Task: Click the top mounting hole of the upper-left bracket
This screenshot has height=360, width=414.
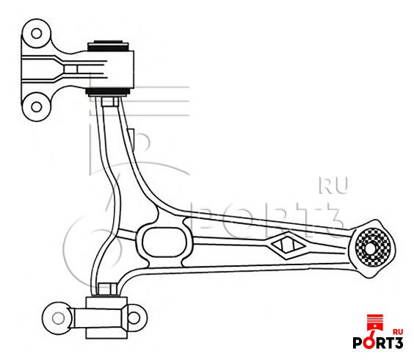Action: tap(37, 34)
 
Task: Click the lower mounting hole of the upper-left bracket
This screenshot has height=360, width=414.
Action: tap(37, 107)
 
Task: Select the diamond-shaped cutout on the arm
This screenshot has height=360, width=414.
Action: tap(288, 245)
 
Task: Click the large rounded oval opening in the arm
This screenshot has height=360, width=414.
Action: tap(164, 242)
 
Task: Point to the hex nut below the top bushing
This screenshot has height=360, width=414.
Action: tap(110, 101)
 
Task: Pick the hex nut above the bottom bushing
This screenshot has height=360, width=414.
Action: tap(107, 289)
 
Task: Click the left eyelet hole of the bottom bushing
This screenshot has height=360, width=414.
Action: tap(58, 318)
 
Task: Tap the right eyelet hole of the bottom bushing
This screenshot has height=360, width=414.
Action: tap(134, 317)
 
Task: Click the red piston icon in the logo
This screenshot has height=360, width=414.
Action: tap(375, 327)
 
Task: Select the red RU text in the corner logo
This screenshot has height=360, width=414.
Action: tap(397, 332)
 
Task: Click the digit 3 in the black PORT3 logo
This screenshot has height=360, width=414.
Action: tap(398, 343)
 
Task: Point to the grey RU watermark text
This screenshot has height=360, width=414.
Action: tap(333, 185)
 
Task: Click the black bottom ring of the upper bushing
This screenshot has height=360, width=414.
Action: tap(108, 92)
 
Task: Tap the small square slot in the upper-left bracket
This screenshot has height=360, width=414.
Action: tap(70, 69)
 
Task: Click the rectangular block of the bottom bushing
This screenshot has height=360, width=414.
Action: tap(106, 317)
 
